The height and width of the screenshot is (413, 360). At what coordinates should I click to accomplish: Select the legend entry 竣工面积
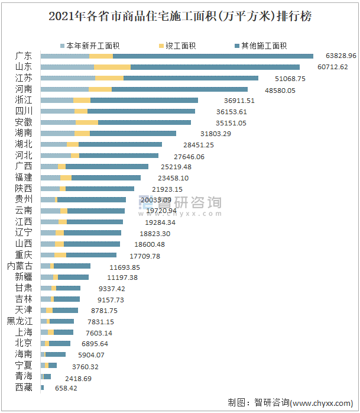180,46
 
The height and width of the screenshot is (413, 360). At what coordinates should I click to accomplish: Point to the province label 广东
24,56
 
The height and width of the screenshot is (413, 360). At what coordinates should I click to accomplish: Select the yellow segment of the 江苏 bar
109,78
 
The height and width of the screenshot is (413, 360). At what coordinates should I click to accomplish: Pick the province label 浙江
24,100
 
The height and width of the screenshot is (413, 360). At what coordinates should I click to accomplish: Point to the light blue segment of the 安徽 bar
58,122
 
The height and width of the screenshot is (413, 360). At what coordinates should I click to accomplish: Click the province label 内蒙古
20,266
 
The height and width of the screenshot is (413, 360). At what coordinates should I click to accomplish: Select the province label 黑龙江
20,321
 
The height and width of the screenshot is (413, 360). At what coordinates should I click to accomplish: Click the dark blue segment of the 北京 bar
60,343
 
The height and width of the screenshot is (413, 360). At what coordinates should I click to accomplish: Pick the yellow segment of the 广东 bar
101,56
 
